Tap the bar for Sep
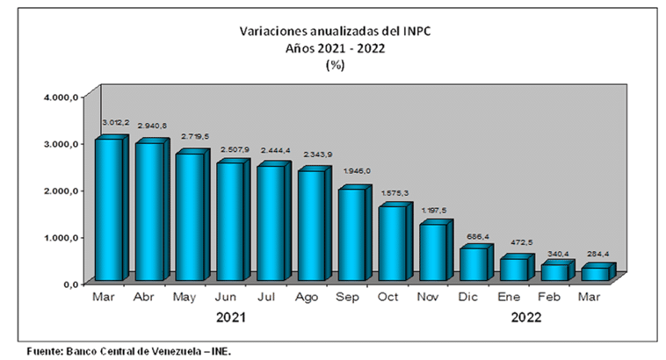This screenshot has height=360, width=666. (351, 235)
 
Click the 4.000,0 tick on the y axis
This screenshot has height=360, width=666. (62, 96)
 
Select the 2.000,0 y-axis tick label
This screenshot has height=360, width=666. (62, 191)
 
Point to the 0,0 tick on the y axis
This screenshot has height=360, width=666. (71, 284)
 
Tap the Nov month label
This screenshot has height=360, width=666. (429, 297)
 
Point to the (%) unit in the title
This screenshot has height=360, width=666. (333, 64)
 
